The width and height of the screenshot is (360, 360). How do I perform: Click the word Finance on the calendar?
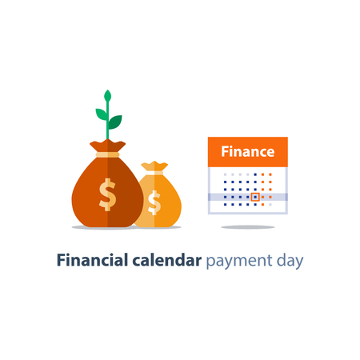(x=247, y=151)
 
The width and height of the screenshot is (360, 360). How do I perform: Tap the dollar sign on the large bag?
(x=107, y=194)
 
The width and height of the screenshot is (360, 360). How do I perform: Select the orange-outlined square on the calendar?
(x=255, y=196)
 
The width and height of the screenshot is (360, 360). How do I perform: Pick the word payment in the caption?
(x=238, y=262)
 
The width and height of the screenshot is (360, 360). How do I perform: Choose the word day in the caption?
(x=290, y=262)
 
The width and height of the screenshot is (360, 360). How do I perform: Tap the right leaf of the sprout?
(x=115, y=122)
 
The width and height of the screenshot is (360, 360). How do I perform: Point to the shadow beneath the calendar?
(x=247, y=227)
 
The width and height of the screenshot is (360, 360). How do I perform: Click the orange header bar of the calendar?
(x=247, y=152)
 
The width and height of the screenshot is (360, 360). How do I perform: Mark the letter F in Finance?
(x=225, y=151)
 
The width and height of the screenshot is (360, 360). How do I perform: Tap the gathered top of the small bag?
(x=155, y=166)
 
